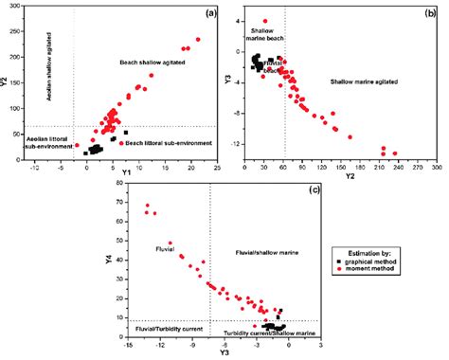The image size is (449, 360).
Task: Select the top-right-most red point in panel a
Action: (198, 40)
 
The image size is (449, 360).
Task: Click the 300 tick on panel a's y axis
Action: (23, 9)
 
